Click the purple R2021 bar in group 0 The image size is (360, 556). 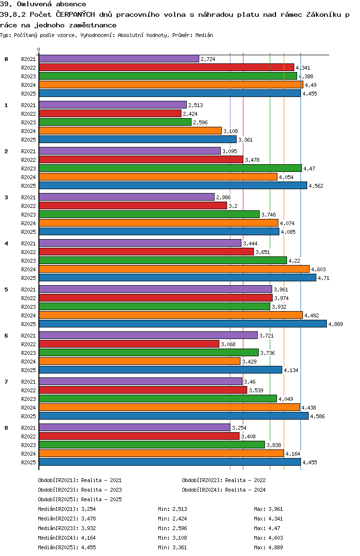point(119,59)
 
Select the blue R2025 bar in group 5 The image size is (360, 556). point(182,324)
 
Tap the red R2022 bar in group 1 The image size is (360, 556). point(110,113)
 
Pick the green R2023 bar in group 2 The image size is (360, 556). point(170,168)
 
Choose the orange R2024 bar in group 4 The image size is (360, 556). point(174,269)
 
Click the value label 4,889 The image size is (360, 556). point(336,324)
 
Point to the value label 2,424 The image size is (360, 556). point(190,114)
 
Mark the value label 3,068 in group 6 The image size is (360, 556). point(228,344)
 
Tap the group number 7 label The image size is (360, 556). point(6,382)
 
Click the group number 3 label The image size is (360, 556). point(6,197)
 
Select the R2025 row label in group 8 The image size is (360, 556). point(28,462)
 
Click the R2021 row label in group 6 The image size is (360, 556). point(28,336)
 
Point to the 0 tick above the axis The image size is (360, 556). point(39,50)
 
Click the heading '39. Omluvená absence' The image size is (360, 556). point(43,4)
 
